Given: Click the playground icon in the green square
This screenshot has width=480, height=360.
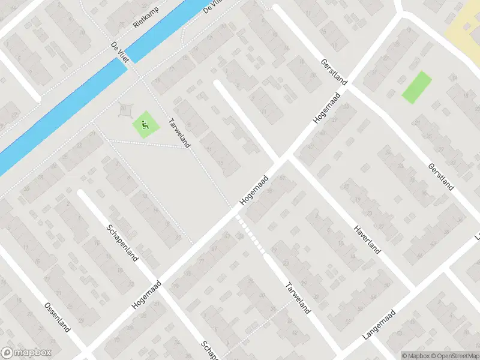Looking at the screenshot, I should pos(145,126).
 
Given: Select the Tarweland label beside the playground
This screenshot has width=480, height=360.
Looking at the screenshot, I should pos(181,132).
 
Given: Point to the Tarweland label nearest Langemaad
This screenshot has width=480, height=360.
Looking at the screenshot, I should pos(298,298).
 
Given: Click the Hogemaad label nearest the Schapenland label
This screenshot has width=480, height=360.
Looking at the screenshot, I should pos(147,294).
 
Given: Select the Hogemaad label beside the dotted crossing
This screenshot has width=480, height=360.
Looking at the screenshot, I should pos(253,193).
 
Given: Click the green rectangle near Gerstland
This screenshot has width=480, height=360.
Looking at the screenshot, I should pos(416,87).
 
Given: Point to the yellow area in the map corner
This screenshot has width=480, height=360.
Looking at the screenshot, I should pos(465,24).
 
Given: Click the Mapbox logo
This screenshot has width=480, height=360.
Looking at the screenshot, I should pos(26,353).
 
